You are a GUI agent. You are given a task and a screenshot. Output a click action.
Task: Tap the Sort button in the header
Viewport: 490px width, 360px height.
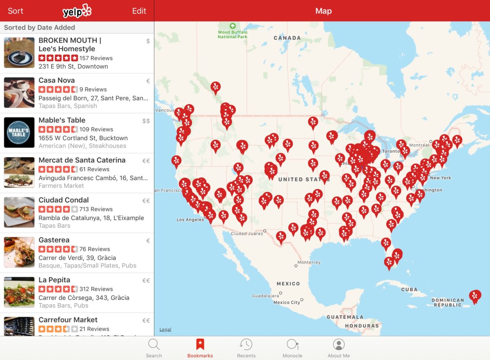[16, 11]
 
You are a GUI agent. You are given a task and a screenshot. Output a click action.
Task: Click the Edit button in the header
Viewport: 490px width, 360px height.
[139, 11]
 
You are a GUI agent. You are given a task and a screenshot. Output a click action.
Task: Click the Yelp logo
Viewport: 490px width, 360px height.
[77, 11]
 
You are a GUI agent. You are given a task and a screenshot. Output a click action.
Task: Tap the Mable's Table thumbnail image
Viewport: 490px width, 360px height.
[19, 133]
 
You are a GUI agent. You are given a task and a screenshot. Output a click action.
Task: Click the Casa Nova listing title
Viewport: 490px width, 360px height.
[57, 80]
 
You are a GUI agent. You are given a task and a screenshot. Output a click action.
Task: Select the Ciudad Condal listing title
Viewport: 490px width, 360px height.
[64, 200]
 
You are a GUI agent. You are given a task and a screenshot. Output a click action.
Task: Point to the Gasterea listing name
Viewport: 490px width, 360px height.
[54, 240]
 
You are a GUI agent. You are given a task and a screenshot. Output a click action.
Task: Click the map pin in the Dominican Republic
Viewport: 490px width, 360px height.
[474, 296]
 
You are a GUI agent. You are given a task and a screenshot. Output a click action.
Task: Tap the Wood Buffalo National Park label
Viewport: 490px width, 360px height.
[232, 34]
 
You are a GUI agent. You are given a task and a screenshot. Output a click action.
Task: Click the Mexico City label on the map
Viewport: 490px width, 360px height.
[287, 302]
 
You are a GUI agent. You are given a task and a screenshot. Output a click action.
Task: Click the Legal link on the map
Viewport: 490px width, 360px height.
[165, 329]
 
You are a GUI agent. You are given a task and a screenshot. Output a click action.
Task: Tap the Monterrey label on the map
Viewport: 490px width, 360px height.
[309, 262]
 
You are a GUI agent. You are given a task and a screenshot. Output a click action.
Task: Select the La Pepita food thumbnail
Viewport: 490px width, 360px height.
[19, 292]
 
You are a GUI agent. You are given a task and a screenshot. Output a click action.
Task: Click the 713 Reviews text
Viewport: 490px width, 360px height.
[96, 209]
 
